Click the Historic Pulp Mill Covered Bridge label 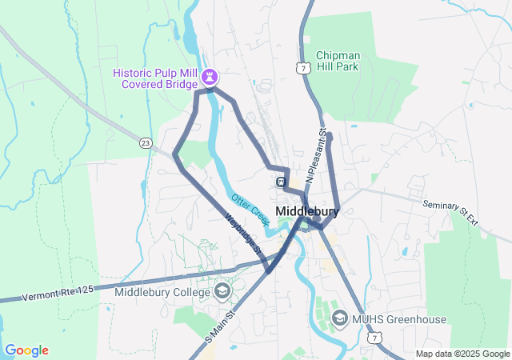(157, 78)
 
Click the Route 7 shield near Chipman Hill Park (302, 68)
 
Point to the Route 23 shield (145, 143)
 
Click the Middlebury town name (306, 211)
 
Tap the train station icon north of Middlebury (282, 182)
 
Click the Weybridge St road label (244, 233)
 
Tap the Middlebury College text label (162, 291)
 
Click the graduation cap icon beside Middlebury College (222, 290)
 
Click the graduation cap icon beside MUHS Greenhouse (339, 319)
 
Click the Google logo (26, 350)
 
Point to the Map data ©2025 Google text (462, 354)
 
